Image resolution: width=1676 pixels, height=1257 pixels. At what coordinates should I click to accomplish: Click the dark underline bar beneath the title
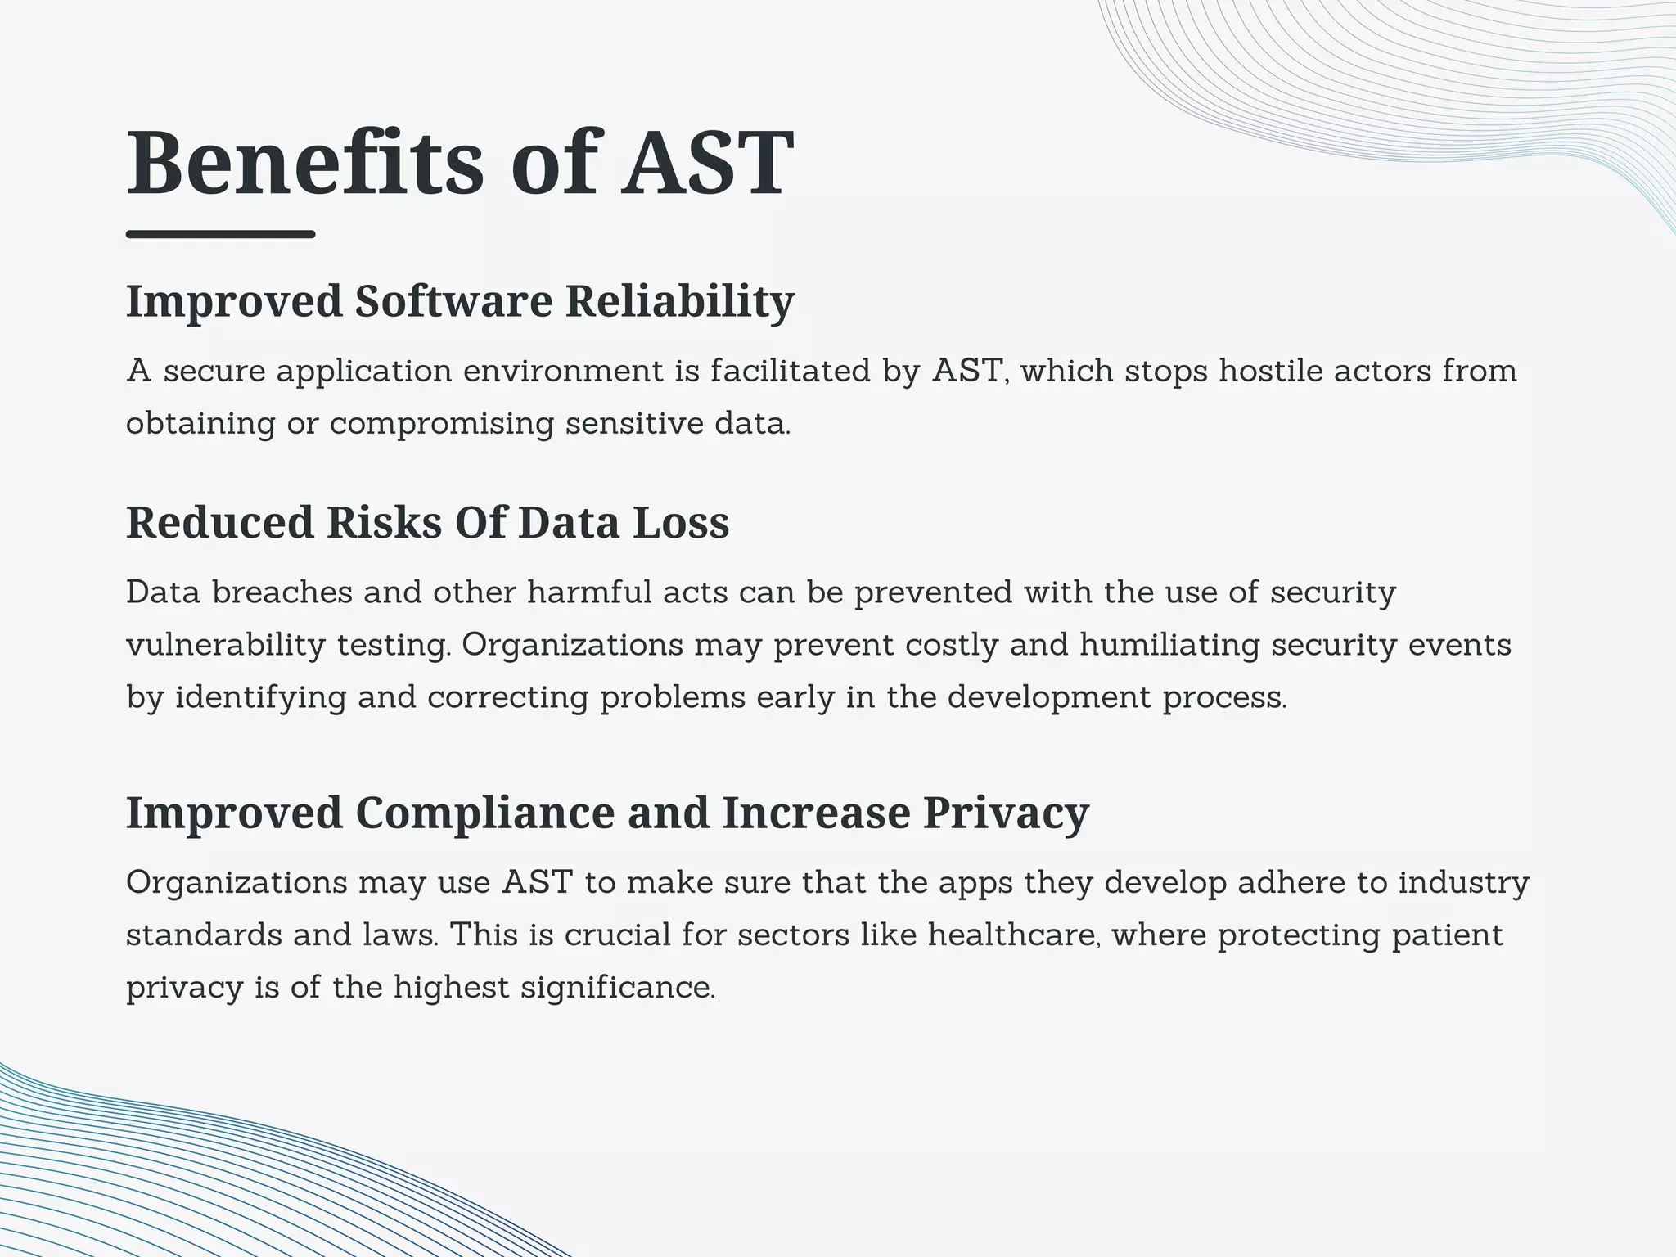click(x=220, y=235)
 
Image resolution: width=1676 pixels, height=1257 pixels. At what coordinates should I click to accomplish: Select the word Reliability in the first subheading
click(x=679, y=301)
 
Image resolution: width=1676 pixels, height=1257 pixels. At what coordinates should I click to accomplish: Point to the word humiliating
click(x=1169, y=645)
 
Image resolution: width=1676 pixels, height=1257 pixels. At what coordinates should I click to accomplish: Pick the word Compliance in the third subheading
click(x=484, y=813)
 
